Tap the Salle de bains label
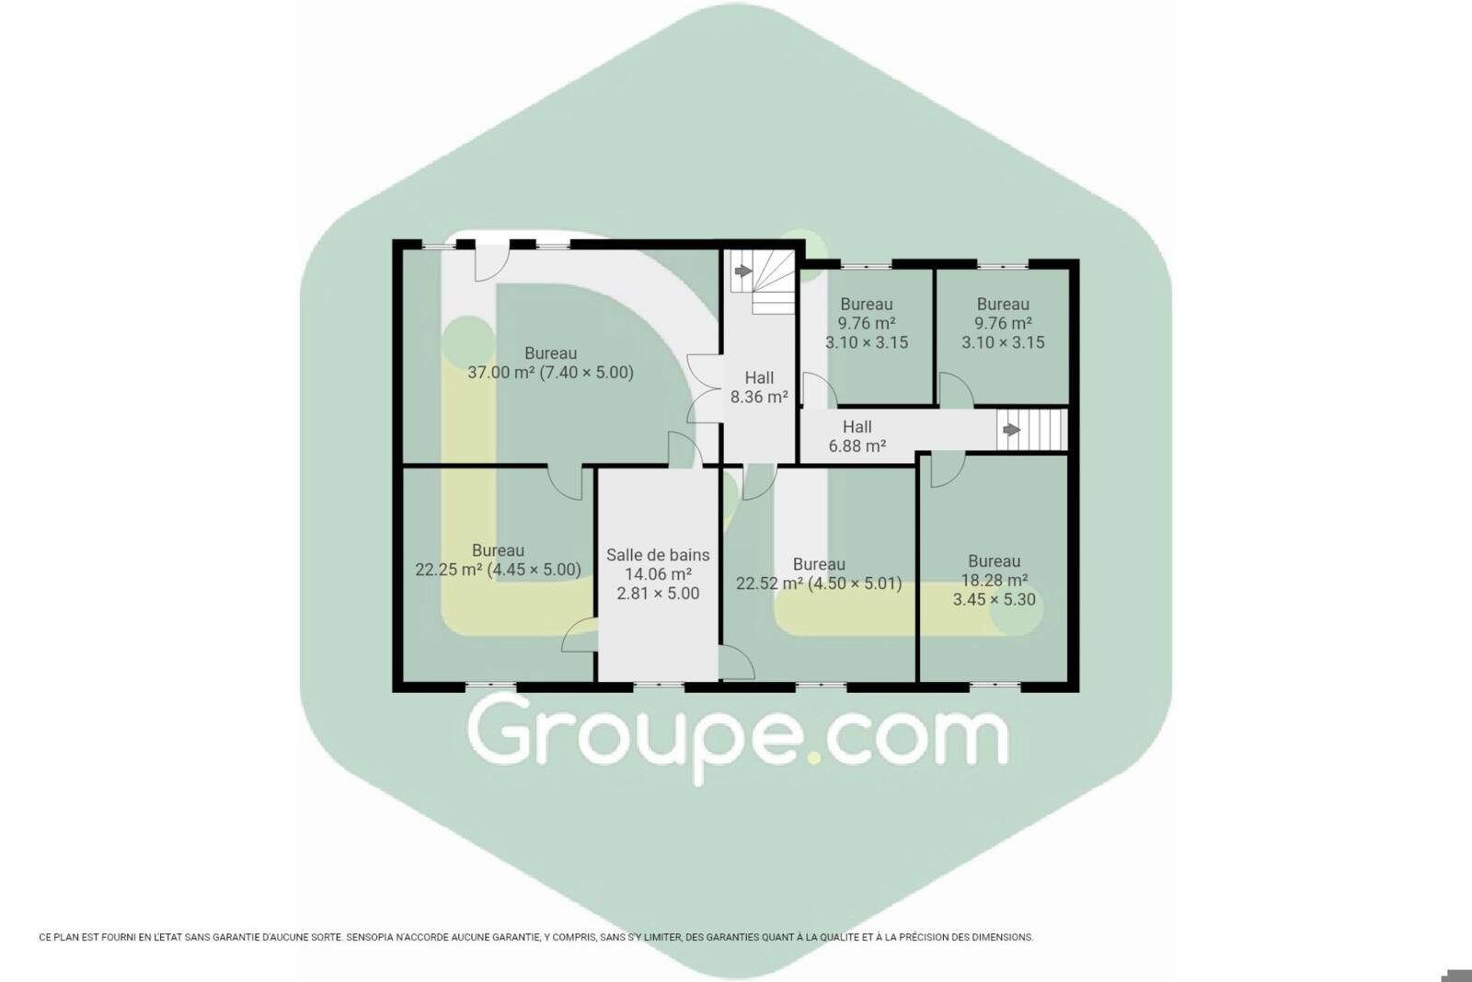pyautogui.click(x=658, y=555)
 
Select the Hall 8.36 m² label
pyautogui.click(x=759, y=387)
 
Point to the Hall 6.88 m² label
pyautogui.click(x=857, y=436)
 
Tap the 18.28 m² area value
pyautogui.click(x=995, y=581)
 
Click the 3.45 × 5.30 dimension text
pyautogui.click(x=995, y=599)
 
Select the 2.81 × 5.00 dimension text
pyautogui.click(x=658, y=594)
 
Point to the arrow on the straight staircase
pyautogui.click(x=1011, y=430)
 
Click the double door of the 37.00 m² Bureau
pyautogui.click(x=705, y=388)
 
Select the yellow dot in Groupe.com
pyautogui.click(x=814, y=757)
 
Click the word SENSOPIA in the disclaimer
pyautogui.click(x=369, y=937)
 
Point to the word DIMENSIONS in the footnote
pyautogui.click(x=1002, y=937)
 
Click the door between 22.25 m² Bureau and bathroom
pyautogui.click(x=578, y=635)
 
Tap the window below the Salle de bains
pyautogui.click(x=659, y=685)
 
